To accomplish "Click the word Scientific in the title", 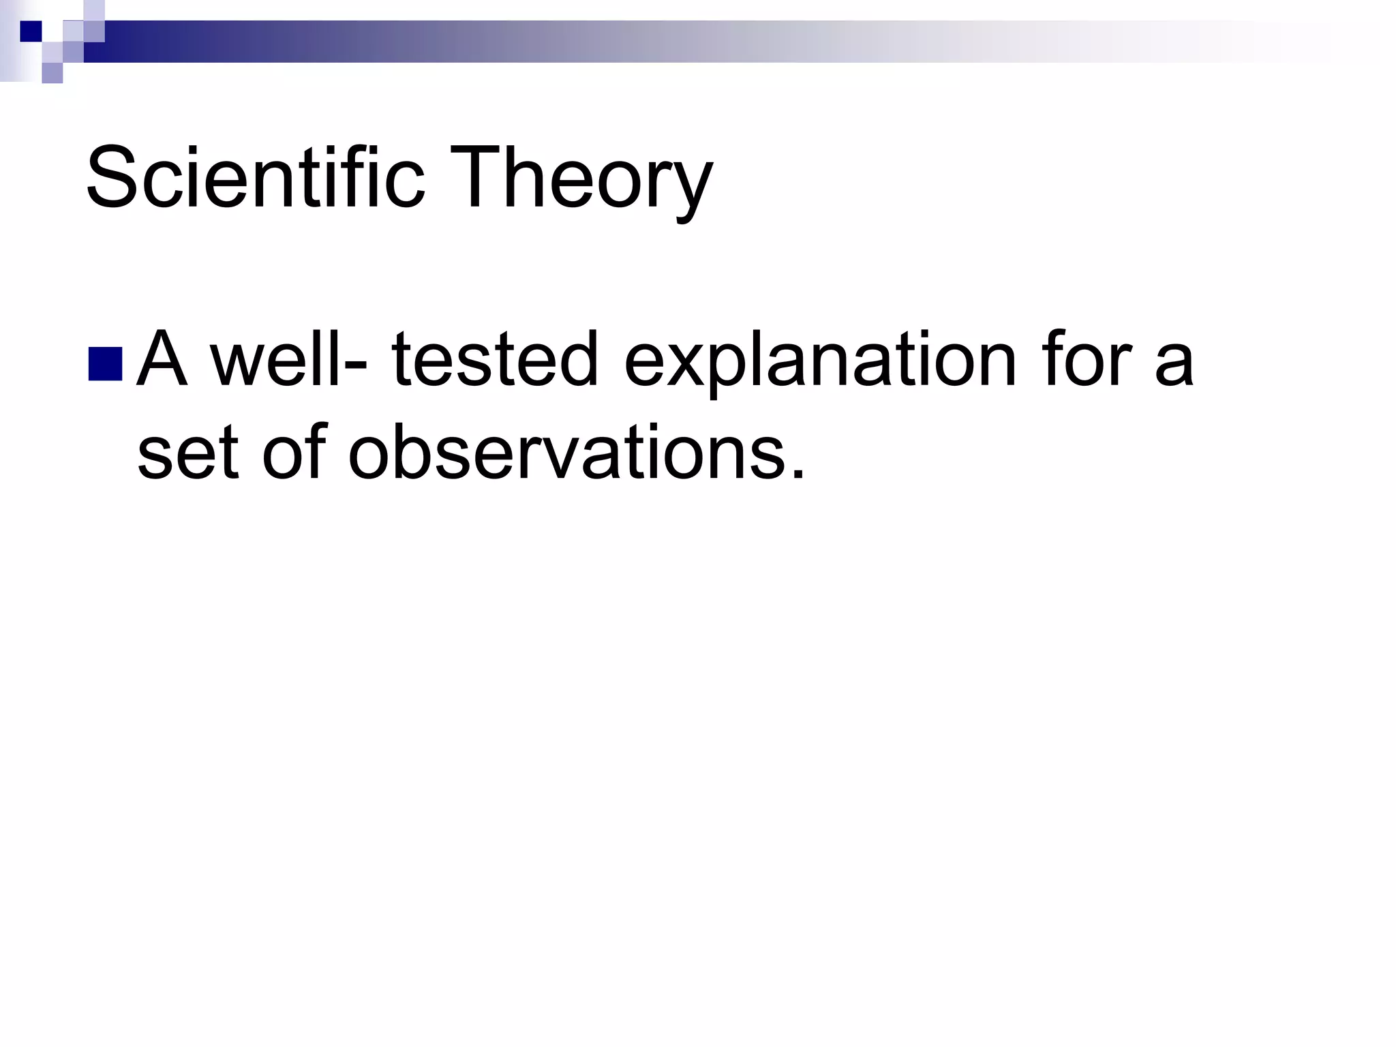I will tap(256, 179).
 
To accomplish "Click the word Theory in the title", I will tap(579, 179).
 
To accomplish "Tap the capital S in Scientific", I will tap(112, 179).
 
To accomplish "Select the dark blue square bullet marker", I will tap(106, 364).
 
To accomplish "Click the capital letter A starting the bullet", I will tap(162, 359).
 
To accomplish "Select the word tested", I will tap(494, 359).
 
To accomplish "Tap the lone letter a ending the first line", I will tap(1174, 368).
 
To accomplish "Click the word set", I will tap(188, 453).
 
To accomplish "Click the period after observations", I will tap(798, 473).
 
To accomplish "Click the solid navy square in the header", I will tap(31, 31).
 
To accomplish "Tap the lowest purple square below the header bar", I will tap(52, 73).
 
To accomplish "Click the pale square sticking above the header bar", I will tap(94, 10).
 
